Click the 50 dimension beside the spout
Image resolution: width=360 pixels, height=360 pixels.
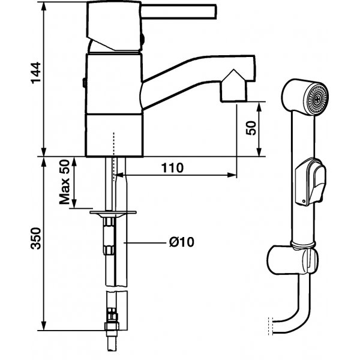[x=251, y=128]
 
